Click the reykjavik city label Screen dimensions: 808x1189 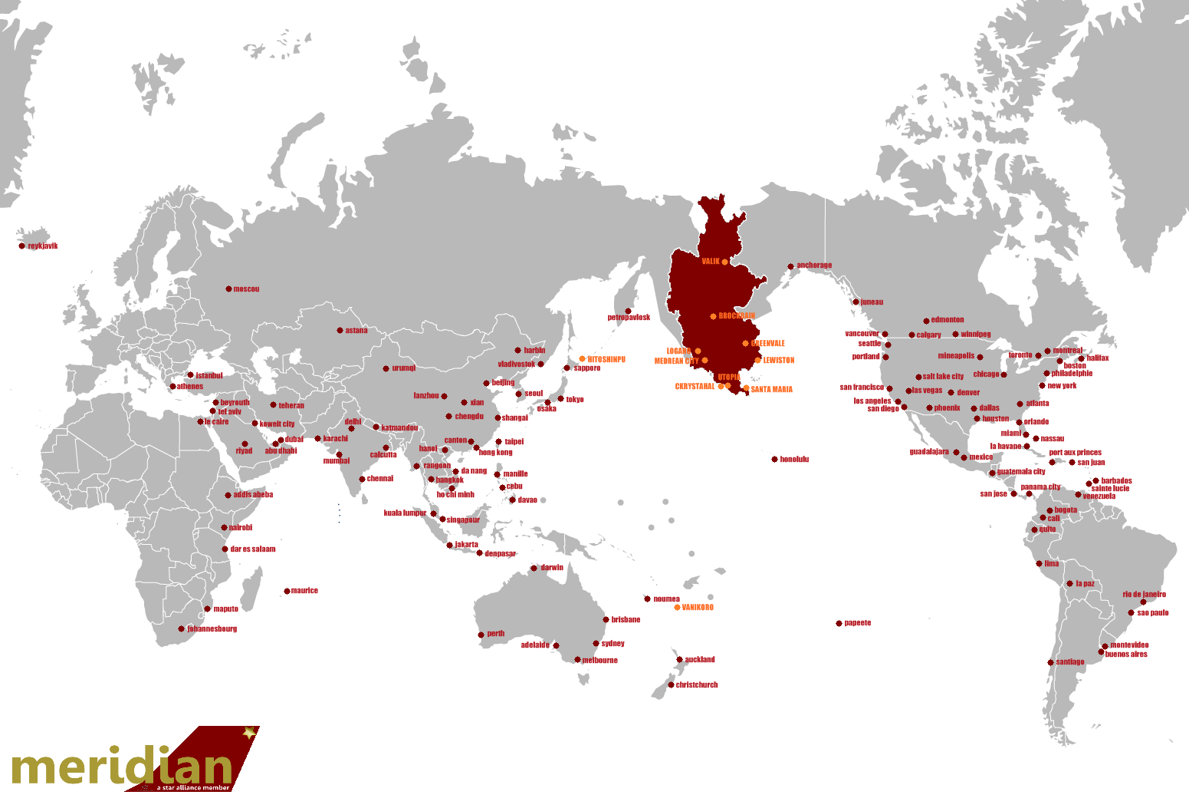43,246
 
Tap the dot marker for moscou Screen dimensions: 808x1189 228,289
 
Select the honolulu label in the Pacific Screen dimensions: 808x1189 794,460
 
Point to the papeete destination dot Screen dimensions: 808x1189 839,623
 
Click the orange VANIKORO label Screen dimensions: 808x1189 698,608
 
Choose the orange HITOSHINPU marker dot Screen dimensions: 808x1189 582,359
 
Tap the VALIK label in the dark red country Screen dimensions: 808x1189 711,262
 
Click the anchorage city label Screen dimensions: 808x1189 814,265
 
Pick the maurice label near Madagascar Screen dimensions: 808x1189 304,591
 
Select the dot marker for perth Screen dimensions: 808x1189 481,635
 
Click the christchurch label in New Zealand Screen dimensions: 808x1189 697,685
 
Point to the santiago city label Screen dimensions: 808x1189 1070,662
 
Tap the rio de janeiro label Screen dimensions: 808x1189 1145,595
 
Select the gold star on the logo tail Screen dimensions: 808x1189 249,733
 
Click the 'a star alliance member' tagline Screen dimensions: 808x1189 192,787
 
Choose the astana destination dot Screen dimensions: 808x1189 340,331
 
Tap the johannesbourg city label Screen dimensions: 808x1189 212,629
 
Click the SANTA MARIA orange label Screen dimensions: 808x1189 772,390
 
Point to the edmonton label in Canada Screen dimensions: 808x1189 948,320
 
